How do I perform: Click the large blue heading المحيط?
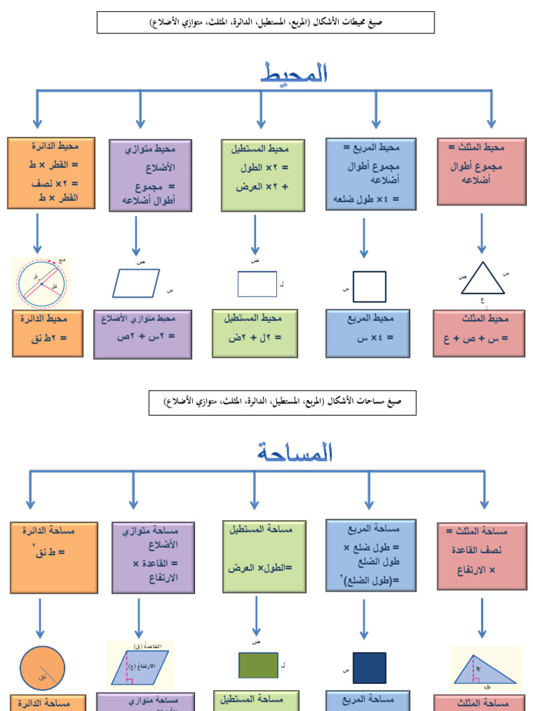coord(296,73)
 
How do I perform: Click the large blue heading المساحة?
coord(295,453)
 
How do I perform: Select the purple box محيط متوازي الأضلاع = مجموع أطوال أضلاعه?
coord(151,175)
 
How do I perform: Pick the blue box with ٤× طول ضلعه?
coord(371,174)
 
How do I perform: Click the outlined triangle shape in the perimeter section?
coord(483,279)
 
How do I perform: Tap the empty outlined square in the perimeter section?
coord(369,287)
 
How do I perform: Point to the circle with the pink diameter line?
coord(42,283)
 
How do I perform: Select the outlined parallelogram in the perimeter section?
coord(136,283)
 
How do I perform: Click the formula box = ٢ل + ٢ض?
coord(255,333)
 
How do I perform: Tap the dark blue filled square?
coord(369,668)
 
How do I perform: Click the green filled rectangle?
coord(258,665)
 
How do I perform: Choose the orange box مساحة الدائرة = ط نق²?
coord(53,558)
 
